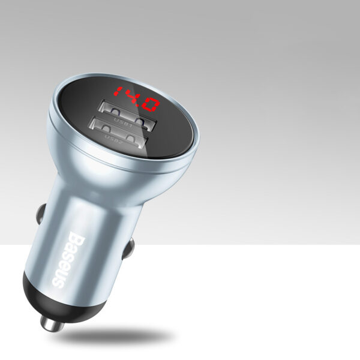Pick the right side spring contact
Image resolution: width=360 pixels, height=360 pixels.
(x=128, y=248)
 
